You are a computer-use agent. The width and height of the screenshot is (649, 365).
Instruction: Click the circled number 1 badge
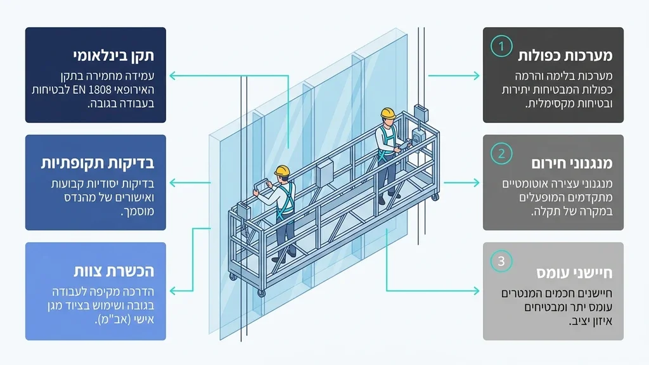coord(501,46)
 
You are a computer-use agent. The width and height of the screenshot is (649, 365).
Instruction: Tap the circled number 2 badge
coord(501,153)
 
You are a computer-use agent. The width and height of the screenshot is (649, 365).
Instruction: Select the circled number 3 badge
coord(501,261)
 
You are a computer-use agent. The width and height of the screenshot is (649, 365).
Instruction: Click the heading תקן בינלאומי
coord(113,56)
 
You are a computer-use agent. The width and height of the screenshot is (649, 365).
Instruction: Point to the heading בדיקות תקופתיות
coord(98,163)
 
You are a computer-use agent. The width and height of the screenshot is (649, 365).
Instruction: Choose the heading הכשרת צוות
coord(114,271)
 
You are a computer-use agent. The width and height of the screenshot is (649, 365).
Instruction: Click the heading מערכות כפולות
coord(565,56)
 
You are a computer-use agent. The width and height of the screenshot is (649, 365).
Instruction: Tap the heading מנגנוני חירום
coord(572,163)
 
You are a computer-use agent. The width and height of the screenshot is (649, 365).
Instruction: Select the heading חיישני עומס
coord(574,272)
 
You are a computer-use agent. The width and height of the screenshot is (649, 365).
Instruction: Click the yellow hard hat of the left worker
coord(282,170)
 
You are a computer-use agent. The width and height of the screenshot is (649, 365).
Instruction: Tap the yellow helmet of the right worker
coord(388,113)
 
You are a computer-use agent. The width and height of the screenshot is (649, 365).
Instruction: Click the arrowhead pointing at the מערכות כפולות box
coord(475,76)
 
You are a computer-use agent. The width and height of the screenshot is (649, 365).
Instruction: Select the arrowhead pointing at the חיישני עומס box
coord(475,291)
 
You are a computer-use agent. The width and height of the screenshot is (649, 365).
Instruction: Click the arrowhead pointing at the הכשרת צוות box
coord(174,291)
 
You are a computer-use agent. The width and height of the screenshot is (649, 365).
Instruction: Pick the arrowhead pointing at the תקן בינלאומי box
coord(174,76)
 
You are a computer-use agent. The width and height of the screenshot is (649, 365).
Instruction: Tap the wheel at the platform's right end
coord(435,198)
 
